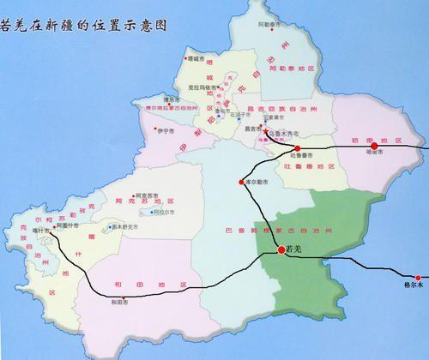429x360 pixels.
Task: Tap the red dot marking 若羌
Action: pos(281,249)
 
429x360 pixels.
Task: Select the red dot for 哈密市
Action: pos(374,146)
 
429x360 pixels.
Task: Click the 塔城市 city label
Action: pos(196,59)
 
